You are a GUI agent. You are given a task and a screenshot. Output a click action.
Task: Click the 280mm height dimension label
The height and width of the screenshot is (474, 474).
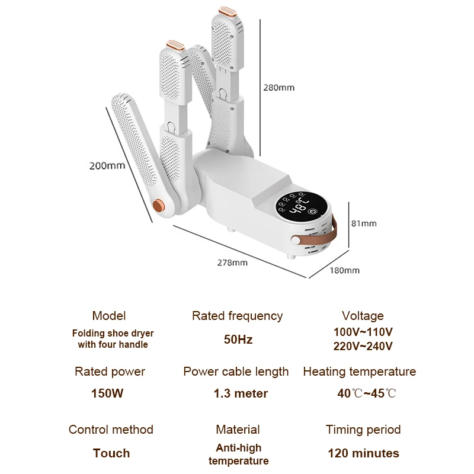pyautogui.click(x=278, y=88)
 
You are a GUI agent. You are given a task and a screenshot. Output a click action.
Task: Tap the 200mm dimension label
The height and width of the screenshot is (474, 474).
pyautogui.click(x=107, y=166)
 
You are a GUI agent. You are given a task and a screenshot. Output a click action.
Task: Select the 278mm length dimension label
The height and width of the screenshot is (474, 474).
pyautogui.click(x=232, y=262)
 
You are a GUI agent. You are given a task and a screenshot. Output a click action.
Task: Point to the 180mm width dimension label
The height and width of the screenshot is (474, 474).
pyautogui.click(x=345, y=270)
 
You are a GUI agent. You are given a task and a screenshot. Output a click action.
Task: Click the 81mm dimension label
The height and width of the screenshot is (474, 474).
pyautogui.click(x=364, y=223)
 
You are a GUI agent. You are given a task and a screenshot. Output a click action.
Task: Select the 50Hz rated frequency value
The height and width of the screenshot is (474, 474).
pyautogui.click(x=238, y=340)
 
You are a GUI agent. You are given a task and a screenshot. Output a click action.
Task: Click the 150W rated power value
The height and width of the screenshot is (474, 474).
pyautogui.click(x=107, y=393)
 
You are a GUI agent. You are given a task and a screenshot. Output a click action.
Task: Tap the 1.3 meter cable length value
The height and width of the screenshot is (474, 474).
pyautogui.click(x=241, y=393)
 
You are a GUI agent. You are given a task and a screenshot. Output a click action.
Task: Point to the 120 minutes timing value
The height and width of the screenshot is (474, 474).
pyautogui.click(x=363, y=453)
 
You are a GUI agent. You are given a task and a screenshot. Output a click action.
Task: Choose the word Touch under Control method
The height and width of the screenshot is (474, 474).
pyautogui.click(x=111, y=453)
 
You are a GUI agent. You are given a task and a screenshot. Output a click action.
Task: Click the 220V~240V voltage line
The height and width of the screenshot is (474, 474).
pyautogui.click(x=363, y=346)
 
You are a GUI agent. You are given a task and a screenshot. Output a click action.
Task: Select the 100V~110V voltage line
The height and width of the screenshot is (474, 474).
pyautogui.click(x=363, y=332)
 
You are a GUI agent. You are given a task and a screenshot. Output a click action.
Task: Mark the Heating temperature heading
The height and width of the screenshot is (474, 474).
pyautogui.click(x=360, y=371)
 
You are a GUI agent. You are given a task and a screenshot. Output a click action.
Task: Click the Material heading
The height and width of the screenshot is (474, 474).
pyautogui.click(x=238, y=430)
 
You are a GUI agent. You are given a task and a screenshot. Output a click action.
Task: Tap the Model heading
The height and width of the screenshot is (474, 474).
pyautogui.click(x=109, y=316)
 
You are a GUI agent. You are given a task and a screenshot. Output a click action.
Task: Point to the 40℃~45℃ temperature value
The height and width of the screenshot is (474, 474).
pyautogui.click(x=366, y=393)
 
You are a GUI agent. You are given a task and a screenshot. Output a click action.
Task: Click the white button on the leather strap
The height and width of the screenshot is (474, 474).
pyautogui.click(x=295, y=241)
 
